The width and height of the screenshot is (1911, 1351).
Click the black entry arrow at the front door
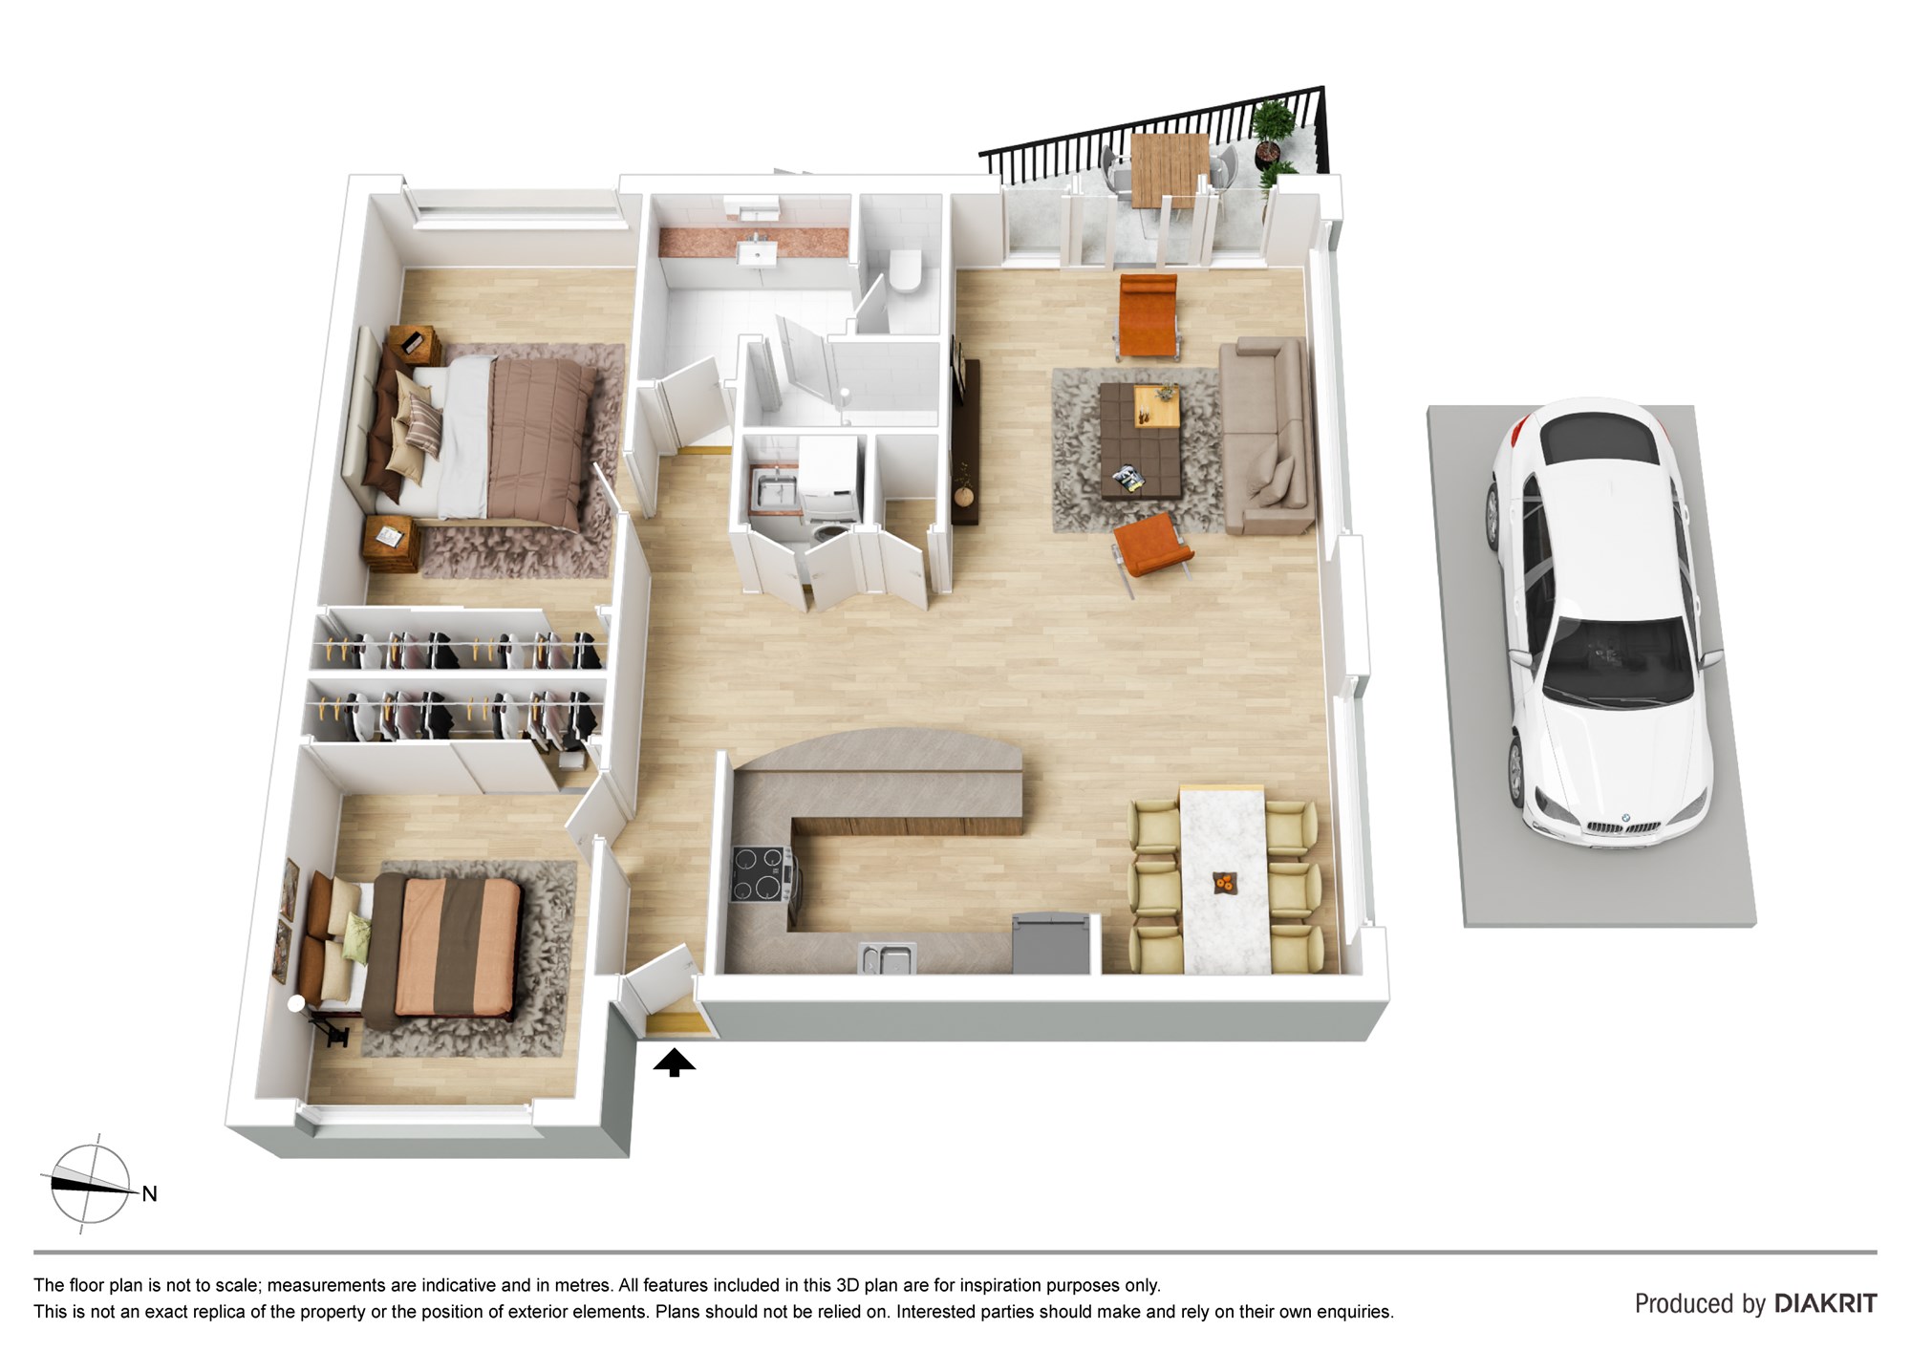click(x=675, y=1061)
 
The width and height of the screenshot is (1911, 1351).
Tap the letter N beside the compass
click(x=149, y=1193)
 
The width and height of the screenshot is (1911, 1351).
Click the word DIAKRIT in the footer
click(x=1825, y=1303)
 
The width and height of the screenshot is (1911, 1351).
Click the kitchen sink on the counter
click(x=887, y=958)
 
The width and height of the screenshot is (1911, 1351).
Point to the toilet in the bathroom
click(x=902, y=269)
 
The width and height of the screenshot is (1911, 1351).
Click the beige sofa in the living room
click(x=1266, y=435)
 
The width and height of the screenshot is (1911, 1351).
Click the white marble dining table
click(x=1224, y=879)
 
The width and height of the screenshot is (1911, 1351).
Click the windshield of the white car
click(x=1615, y=660)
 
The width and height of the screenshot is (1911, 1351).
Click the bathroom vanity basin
click(x=760, y=250)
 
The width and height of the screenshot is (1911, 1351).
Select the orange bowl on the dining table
click(x=1223, y=883)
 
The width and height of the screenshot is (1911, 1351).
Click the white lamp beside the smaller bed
click(x=296, y=1003)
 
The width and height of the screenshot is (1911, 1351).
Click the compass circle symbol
click(x=90, y=1185)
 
